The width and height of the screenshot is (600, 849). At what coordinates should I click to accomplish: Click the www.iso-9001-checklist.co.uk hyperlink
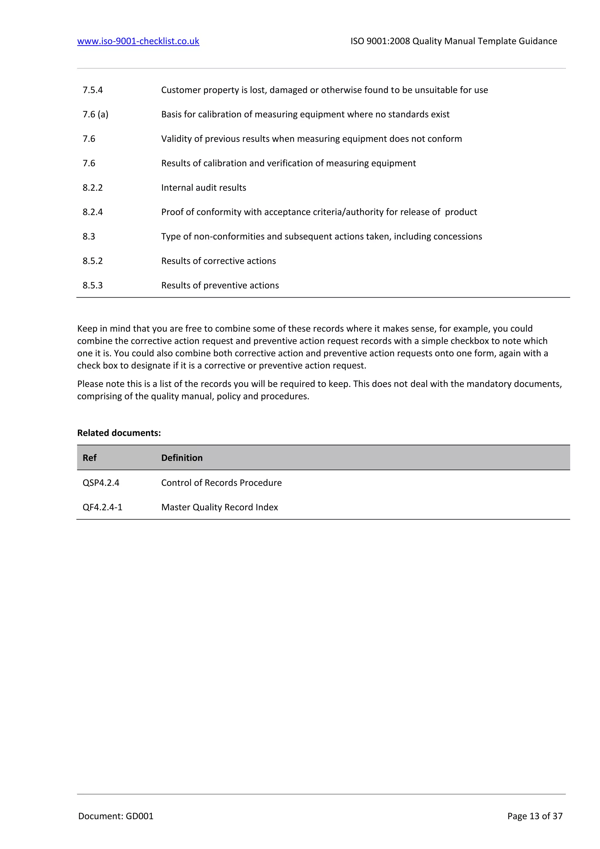coord(138,41)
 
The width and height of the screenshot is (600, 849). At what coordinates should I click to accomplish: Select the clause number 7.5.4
coord(93,90)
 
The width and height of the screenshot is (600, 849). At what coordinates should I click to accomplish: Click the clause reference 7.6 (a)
coord(95,114)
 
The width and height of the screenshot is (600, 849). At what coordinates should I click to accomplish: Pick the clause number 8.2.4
coord(93,212)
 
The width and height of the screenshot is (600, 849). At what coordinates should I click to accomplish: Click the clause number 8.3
coord(89,236)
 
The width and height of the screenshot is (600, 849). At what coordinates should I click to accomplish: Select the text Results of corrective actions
coord(218,261)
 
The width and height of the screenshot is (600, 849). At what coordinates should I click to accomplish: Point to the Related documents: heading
coord(119,433)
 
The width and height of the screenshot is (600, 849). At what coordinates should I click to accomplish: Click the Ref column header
coord(89,458)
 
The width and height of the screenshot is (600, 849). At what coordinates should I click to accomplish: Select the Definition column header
coord(182,458)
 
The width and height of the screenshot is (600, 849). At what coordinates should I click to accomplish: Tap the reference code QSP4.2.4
coord(101,483)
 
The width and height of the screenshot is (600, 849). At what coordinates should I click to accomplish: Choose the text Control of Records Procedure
coord(221,483)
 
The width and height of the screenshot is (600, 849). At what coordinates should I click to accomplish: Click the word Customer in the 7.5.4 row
coord(178,90)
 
